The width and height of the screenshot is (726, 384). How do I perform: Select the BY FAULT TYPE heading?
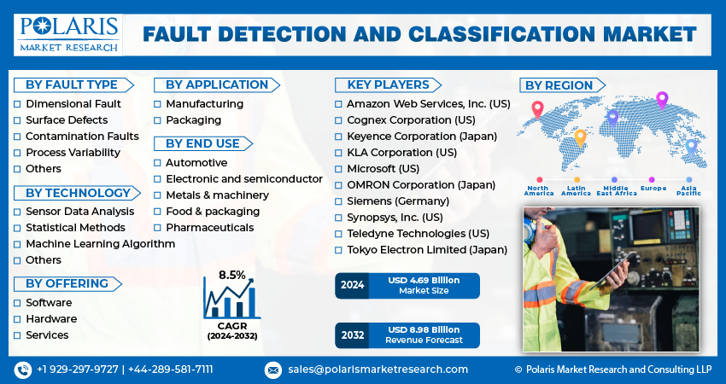tap(71, 84)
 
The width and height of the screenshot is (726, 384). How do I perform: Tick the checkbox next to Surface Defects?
tap(17, 120)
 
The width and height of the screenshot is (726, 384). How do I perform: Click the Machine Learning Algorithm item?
tap(100, 244)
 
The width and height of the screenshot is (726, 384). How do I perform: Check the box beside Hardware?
tap(17, 319)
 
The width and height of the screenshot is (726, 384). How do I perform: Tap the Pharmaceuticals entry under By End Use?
tap(209, 228)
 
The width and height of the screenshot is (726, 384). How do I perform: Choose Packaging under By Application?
tap(193, 120)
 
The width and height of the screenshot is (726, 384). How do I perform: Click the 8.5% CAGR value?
tap(231, 275)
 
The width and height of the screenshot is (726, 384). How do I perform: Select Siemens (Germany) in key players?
tap(397, 201)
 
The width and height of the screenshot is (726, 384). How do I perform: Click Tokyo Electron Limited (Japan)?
tap(426, 250)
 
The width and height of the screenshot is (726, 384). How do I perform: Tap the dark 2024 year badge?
tap(352, 286)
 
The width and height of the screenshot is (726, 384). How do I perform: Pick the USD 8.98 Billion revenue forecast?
tap(424, 329)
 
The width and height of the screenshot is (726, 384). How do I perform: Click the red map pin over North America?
tap(537, 108)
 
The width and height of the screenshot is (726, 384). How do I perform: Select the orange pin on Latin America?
tap(580, 137)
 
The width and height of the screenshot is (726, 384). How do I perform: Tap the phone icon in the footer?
tap(22, 369)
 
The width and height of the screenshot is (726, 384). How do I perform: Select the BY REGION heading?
tap(558, 85)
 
